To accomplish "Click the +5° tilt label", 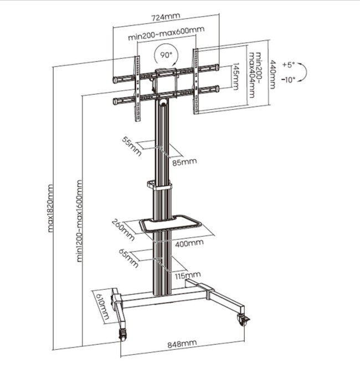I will click(288, 65).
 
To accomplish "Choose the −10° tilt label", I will click(289, 79).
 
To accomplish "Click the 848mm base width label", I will click(182, 343).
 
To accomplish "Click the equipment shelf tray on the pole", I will click(168, 224).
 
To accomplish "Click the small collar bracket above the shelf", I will click(160, 186).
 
